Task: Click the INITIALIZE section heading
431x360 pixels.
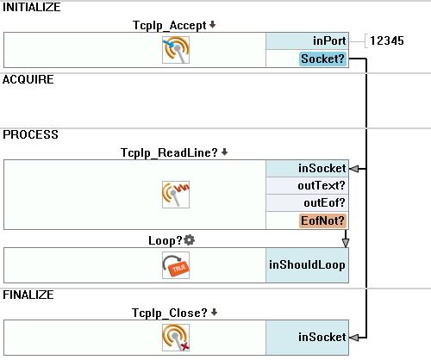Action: coord(32,8)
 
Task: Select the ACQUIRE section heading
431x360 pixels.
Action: coord(28,79)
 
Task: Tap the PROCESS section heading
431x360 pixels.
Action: coord(30,134)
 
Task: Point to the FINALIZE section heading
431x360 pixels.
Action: coord(28,295)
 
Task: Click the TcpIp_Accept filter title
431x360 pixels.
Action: coord(170,26)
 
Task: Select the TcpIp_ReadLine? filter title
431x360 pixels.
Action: coord(169,152)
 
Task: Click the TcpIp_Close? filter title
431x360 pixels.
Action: coord(170,313)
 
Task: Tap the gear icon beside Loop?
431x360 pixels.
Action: coord(189,240)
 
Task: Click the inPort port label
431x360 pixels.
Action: coord(329,40)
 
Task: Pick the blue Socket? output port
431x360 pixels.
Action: coord(322,59)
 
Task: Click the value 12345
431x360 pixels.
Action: coord(387,40)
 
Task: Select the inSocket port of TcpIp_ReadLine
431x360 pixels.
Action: coord(322,168)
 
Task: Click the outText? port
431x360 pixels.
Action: coord(322,186)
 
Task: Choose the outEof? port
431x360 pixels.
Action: coord(324,203)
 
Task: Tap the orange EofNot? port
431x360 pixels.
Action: coord(322,220)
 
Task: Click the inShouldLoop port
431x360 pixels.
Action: coord(307,265)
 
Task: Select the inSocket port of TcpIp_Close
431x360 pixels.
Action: coord(322,337)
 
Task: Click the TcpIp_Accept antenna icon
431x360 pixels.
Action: coord(176,50)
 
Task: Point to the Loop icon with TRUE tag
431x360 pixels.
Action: coord(176,265)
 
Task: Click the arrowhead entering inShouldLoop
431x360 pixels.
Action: coord(346,243)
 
